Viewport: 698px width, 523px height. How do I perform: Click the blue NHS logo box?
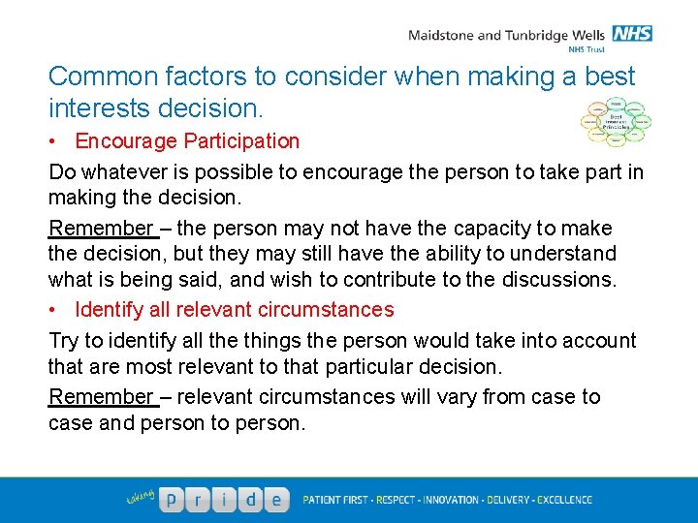[x=633, y=34]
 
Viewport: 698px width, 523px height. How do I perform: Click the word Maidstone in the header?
[x=441, y=36]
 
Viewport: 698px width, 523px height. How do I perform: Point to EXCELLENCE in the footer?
[x=559, y=500]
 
